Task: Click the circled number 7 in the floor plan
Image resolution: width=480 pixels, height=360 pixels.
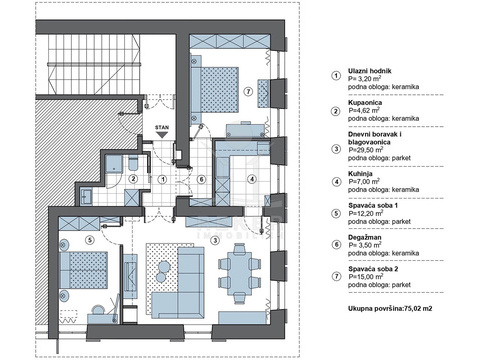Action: click(x=248, y=91)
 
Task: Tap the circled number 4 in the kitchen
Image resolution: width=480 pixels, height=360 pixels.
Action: click(x=252, y=179)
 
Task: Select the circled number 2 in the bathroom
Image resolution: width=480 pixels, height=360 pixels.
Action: click(x=133, y=179)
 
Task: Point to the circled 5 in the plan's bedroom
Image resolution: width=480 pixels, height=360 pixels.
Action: click(x=89, y=239)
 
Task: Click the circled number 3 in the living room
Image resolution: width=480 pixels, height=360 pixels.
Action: click(x=216, y=239)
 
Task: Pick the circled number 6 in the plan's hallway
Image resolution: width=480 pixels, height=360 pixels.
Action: click(x=201, y=179)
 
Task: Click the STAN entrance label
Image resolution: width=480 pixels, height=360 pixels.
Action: click(x=162, y=128)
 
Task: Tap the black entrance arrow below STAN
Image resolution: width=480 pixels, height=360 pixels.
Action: click(x=162, y=135)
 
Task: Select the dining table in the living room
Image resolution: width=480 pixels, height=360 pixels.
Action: click(x=239, y=273)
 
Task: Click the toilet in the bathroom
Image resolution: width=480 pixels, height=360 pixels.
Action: click(x=133, y=162)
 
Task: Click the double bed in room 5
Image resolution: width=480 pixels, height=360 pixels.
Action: click(x=84, y=270)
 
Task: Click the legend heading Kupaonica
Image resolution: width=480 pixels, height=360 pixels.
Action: click(x=365, y=103)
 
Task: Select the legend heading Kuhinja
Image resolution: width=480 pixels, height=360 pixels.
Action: click(x=360, y=174)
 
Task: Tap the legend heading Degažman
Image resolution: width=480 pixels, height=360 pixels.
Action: click(x=365, y=237)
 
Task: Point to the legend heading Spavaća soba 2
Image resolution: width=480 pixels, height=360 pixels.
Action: click(x=373, y=269)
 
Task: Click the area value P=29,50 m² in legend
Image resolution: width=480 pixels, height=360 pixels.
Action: click(x=364, y=150)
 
